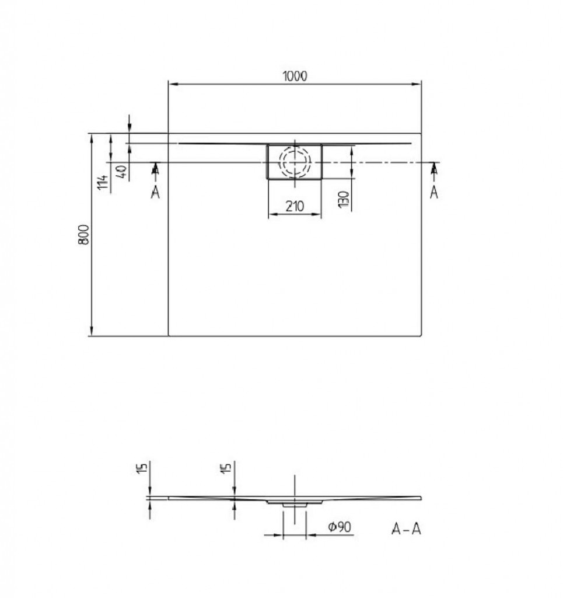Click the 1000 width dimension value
(295, 76)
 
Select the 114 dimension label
(103, 183)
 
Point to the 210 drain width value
(295, 206)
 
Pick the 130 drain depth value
(345, 200)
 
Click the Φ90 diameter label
(339, 527)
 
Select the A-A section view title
(406, 530)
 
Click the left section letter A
(155, 192)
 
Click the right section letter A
(434, 192)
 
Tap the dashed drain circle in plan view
(295, 162)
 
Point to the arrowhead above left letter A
(155, 168)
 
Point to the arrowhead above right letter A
(434, 168)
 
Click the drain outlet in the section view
(295, 502)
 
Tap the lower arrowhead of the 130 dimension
(352, 174)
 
